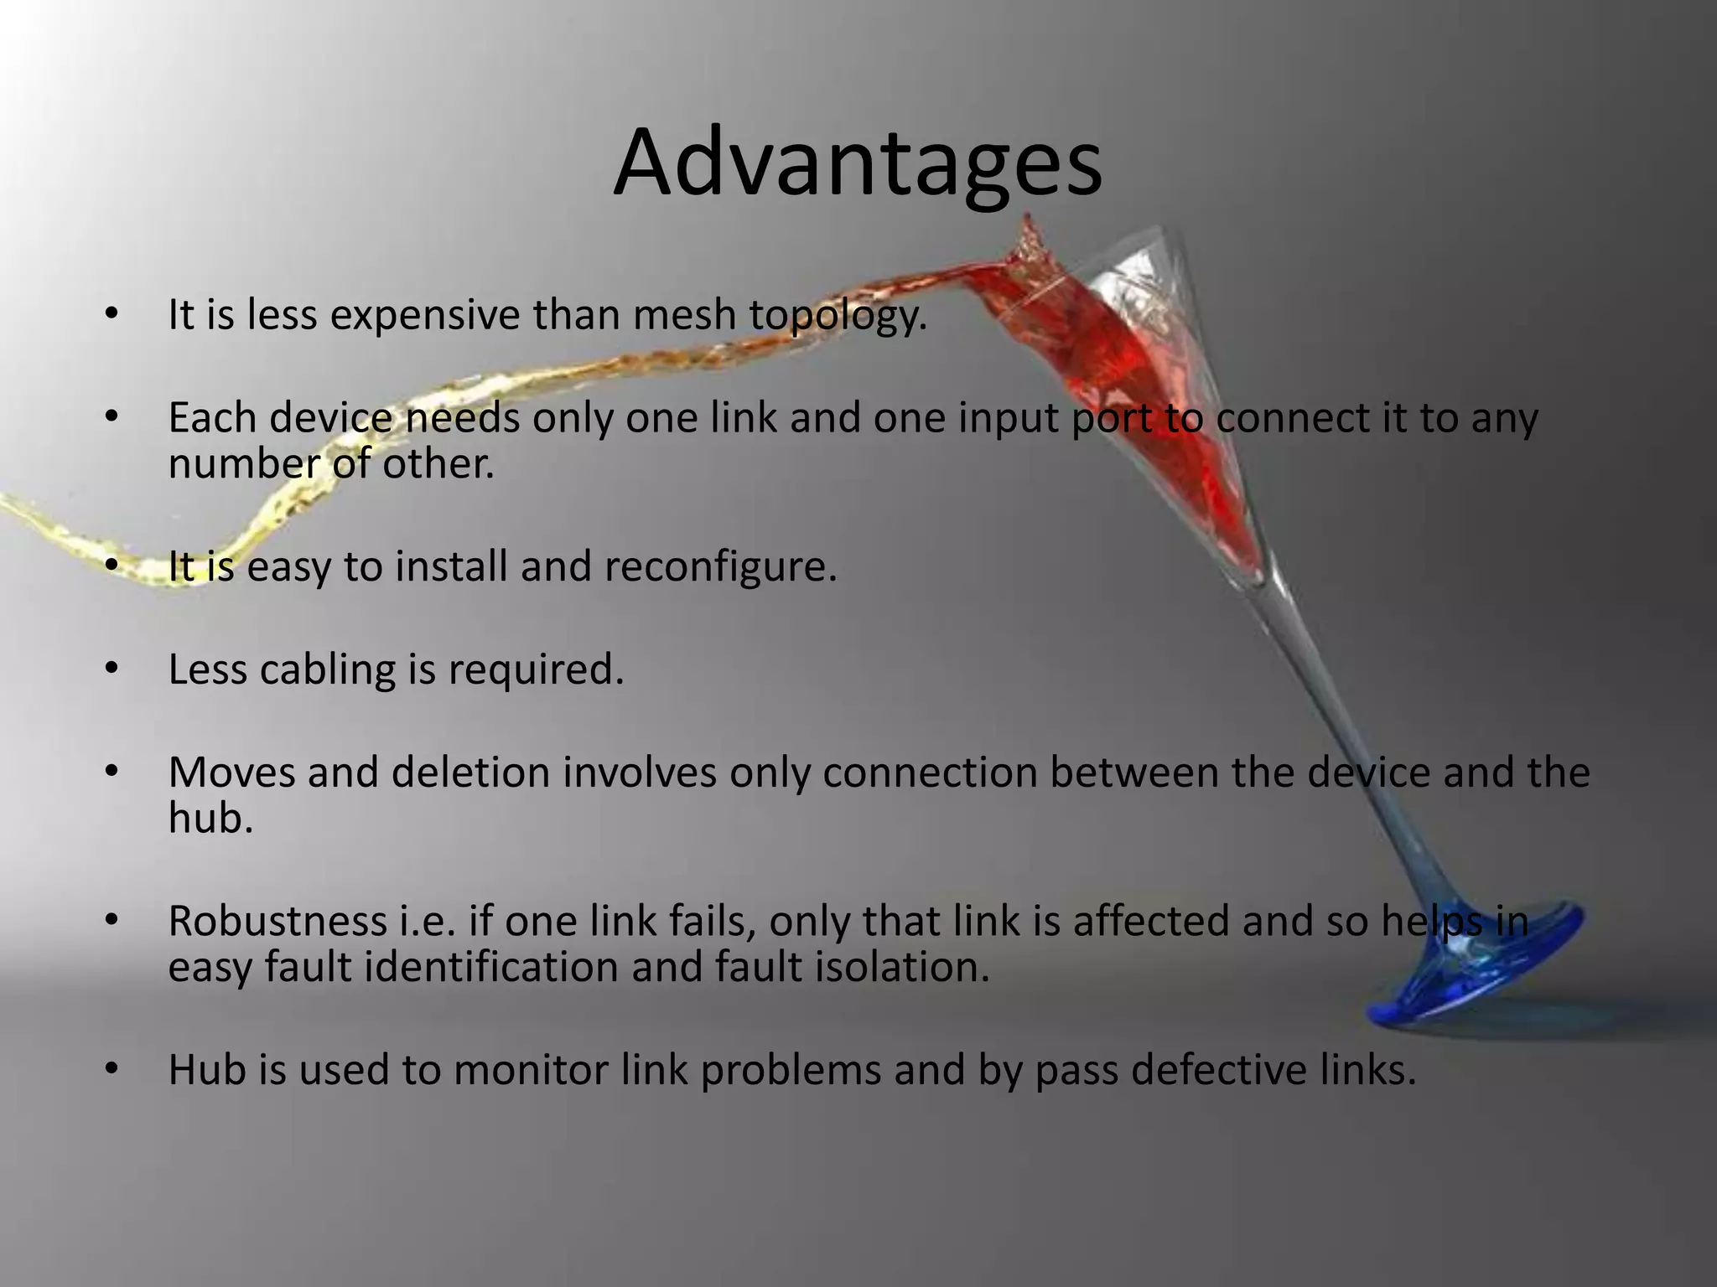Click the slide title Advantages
click(x=857, y=163)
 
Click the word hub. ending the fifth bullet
click(x=210, y=818)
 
